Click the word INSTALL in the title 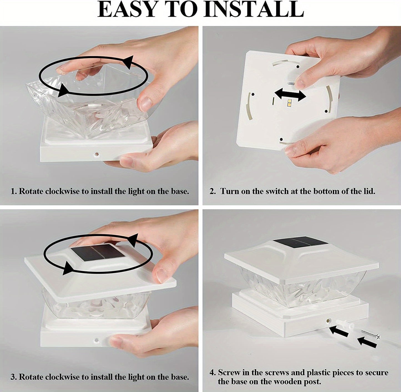point(254,9)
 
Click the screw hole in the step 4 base point(328,320)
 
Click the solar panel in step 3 point(98,252)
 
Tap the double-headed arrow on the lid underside point(290,95)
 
